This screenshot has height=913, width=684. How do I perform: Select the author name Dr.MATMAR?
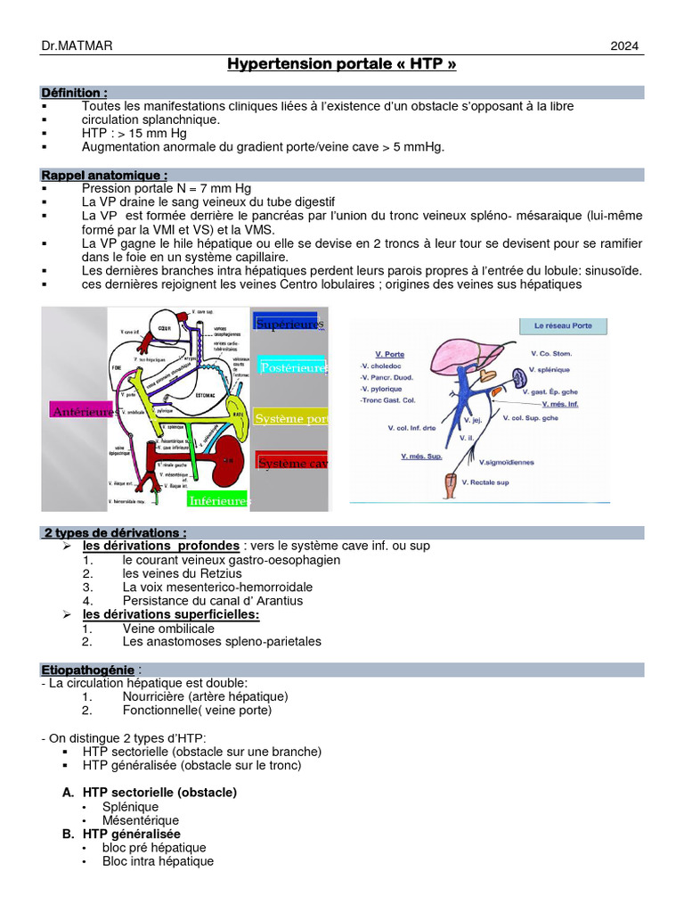pos(77,47)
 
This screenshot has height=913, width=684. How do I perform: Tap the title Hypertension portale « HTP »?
pos(342,65)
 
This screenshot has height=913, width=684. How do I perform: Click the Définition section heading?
pos(75,93)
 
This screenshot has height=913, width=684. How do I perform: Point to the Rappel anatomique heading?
pos(104,176)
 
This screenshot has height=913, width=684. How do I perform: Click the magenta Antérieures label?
pos(82,411)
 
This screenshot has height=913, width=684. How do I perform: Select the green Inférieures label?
pos(218,501)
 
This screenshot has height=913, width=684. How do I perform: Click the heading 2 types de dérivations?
pos(116,532)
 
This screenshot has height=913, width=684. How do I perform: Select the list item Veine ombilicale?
pos(168,628)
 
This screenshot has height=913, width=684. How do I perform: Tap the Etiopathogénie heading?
pos(88,670)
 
